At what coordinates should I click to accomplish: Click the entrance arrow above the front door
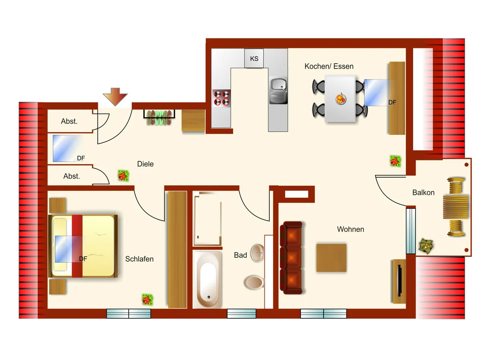tap(115, 97)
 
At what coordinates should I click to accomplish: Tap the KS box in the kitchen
tap(254, 58)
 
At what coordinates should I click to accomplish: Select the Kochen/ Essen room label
tap(329, 66)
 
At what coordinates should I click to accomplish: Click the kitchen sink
tap(278, 90)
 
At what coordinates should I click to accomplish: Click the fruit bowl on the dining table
tap(340, 98)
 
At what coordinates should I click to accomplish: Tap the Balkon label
tap(423, 192)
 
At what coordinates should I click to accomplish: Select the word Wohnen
tap(350, 229)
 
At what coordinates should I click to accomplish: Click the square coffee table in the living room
tap(331, 258)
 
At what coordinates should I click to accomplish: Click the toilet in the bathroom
tap(254, 282)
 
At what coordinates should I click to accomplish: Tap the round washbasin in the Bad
tap(258, 253)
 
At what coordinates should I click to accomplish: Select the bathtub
tap(208, 279)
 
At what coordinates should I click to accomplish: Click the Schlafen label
tap(139, 259)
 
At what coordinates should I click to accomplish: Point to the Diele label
tap(145, 164)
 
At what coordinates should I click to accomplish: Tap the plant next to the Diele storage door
tap(123, 176)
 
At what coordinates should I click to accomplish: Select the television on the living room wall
tap(399, 282)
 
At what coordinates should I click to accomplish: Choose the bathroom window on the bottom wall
tap(242, 314)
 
